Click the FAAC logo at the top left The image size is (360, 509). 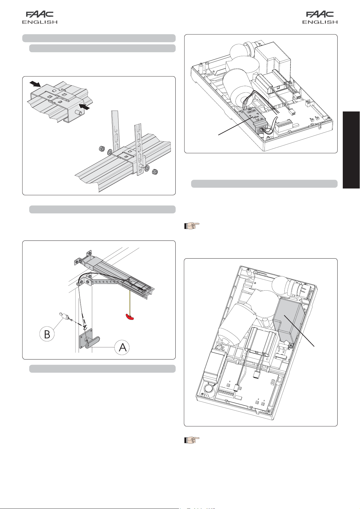pos(40,14)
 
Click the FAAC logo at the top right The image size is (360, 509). pos(320,14)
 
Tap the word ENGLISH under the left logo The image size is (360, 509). pos(40,22)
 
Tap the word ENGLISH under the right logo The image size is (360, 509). pos(320,22)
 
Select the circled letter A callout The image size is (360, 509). pos(122,347)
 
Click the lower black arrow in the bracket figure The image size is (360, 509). pos(85,106)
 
